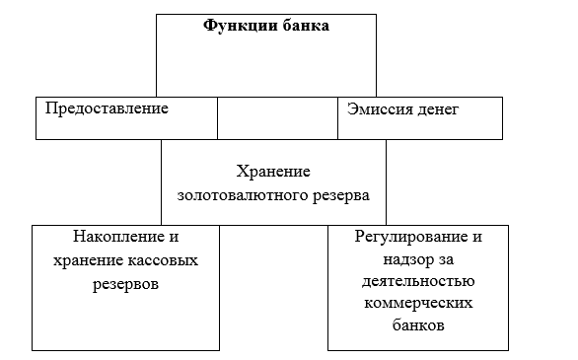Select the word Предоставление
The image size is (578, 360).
point(107,108)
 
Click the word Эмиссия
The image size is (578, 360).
point(375,109)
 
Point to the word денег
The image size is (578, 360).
point(434,110)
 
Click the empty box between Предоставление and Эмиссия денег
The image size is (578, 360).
point(277,118)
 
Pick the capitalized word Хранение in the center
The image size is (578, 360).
point(273,172)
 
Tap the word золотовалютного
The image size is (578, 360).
point(243,195)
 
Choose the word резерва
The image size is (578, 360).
point(341,196)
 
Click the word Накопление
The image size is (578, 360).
point(117,237)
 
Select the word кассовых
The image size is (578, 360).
point(163,260)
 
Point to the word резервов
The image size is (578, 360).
point(125,285)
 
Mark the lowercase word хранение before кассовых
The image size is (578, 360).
point(88,261)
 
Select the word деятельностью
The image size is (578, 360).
point(418,282)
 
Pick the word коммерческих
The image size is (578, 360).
point(418,304)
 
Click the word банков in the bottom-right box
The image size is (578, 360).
point(418,325)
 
